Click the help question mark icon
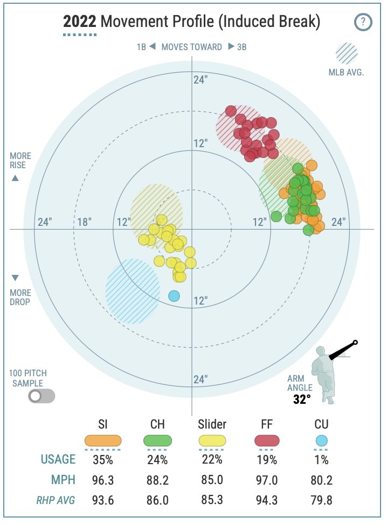tap(363, 22)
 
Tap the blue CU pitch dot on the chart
tap(174, 296)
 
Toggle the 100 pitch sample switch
tap(42, 396)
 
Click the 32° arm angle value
tap(302, 399)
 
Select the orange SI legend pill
tap(103, 441)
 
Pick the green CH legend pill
tap(157, 441)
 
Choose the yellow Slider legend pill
tap(212, 441)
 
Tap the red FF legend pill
tap(267, 441)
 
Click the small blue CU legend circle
tap(321, 441)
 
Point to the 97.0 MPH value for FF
tap(267, 480)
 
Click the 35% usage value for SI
tap(103, 460)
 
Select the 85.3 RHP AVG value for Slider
tap(212, 500)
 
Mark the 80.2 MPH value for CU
tap(321, 480)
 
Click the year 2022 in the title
tap(80, 22)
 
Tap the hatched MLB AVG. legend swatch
tap(347, 53)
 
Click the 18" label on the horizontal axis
tap(84, 222)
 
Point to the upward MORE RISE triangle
tap(15, 178)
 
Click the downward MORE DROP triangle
tap(15, 278)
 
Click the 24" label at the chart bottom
tap(201, 380)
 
